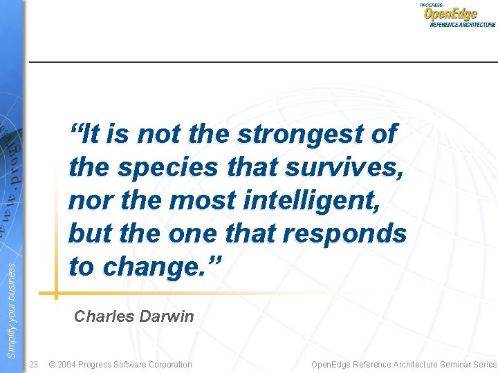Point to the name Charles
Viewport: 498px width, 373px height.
click(x=103, y=317)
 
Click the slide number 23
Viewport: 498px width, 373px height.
click(x=34, y=364)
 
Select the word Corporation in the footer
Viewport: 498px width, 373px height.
click(x=166, y=364)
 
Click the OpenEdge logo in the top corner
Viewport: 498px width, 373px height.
click(x=450, y=13)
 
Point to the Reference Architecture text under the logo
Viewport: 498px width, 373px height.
click(x=463, y=25)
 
